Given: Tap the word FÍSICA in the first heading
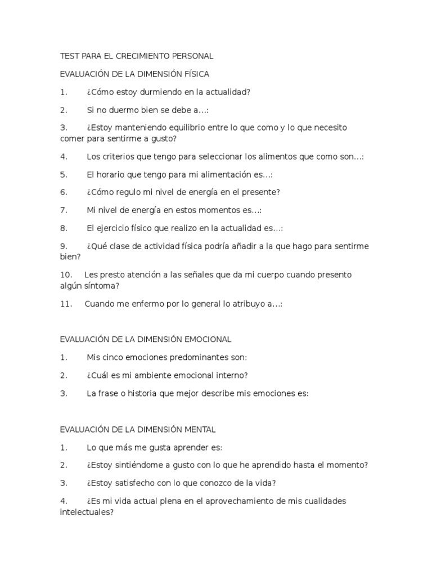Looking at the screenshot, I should point(195,74).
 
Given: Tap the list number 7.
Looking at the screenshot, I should point(64,210).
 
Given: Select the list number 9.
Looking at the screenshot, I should point(64,246).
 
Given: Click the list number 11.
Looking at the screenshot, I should point(66,304).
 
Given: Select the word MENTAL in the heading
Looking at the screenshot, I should point(200,429).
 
